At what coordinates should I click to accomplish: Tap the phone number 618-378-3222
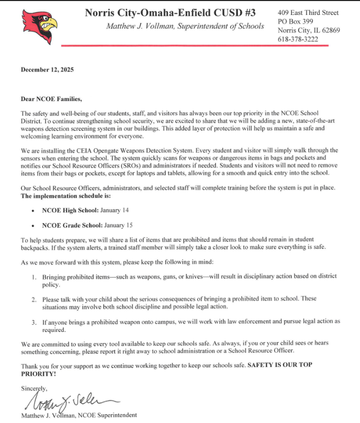pyautogui.click(x=298, y=39)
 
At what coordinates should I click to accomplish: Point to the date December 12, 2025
pyautogui.click(x=47, y=70)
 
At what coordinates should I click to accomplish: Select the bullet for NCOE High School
pyautogui.click(x=33, y=211)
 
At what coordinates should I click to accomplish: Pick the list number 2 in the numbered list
pyautogui.click(x=33, y=299)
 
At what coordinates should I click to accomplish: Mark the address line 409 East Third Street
pyautogui.click(x=308, y=12)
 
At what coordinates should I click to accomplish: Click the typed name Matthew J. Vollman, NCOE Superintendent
pyautogui.click(x=79, y=415)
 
